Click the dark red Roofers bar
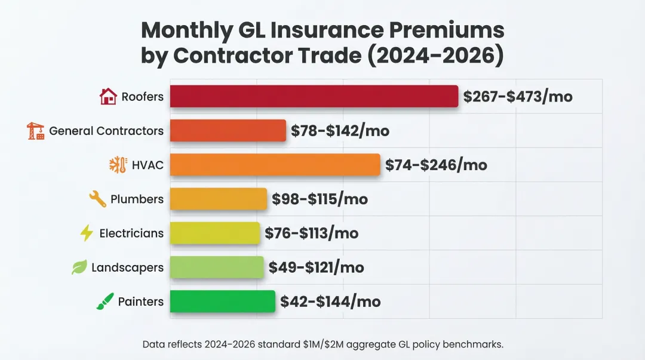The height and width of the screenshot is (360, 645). point(314,96)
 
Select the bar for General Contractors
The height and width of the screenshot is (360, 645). point(228,131)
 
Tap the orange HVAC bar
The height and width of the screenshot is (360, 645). point(275,165)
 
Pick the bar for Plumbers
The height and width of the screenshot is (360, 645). point(219,199)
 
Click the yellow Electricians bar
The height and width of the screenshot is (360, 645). point(215,233)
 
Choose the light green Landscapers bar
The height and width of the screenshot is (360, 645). point(217,267)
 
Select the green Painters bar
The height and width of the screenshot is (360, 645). point(223,301)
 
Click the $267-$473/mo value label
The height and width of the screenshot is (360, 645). point(518,96)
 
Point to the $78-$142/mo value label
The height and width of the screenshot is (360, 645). point(340,131)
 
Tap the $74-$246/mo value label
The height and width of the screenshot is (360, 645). point(436,165)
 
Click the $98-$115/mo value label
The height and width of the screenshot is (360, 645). point(320,199)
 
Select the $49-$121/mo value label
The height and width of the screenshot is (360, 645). point(317,267)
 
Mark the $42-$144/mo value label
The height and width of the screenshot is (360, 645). point(330,301)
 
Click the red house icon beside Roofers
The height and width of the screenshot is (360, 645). point(108,96)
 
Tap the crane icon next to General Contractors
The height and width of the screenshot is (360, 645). point(36,131)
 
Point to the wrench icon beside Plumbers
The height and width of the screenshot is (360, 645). point(97,199)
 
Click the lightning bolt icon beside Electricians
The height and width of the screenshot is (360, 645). point(87,233)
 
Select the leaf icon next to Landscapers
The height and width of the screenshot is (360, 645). point(79,267)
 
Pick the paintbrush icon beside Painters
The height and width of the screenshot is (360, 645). point(105,301)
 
